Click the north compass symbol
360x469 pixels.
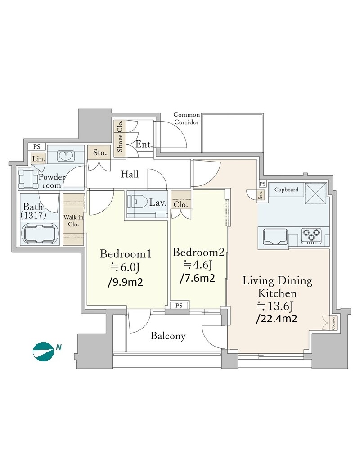pyautogui.click(x=44, y=352)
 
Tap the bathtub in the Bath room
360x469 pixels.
pyautogui.click(x=40, y=233)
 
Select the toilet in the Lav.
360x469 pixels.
pyautogui.click(x=137, y=201)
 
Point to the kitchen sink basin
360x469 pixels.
pyautogui.click(x=275, y=237)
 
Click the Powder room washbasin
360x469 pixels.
pyautogui.click(x=66, y=156)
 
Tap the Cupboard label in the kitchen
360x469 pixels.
pyautogui.click(x=286, y=189)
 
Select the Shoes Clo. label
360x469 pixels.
pyautogui.click(x=120, y=136)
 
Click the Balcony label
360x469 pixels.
pyautogui.click(x=168, y=336)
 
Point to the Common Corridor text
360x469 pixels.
pyautogui.click(x=187, y=118)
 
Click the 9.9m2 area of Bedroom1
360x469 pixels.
pyautogui.click(x=125, y=282)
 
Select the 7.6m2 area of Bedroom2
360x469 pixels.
pyautogui.click(x=198, y=278)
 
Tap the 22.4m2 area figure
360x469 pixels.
pyautogui.click(x=277, y=319)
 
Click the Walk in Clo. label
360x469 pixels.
pyautogui.click(x=73, y=221)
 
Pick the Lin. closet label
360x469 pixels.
pyautogui.click(x=39, y=159)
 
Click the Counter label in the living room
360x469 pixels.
pyautogui.click(x=333, y=323)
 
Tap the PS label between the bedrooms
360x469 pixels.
pyautogui.click(x=179, y=306)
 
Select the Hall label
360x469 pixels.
pyautogui.click(x=130, y=174)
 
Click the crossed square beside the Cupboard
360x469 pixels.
pyautogui.click(x=315, y=193)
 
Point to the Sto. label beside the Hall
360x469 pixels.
pyautogui.click(x=99, y=153)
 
